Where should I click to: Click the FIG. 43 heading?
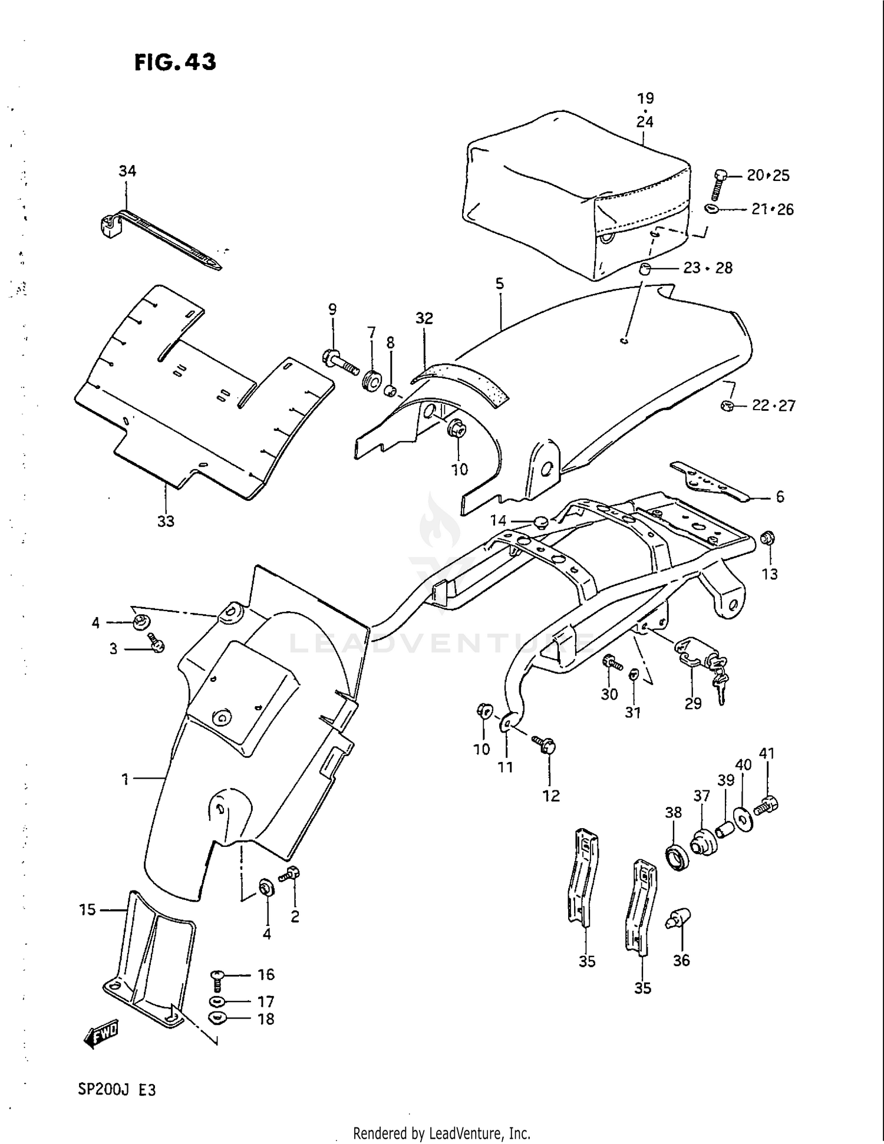[x=175, y=62]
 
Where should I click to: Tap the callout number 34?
[x=127, y=171]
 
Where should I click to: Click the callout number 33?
[x=166, y=521]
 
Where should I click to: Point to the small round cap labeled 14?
[x=540, y=522]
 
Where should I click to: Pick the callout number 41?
[x=766, y=753]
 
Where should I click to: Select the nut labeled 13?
[x=768, y=538]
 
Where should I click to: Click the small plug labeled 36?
[x=679, y=918]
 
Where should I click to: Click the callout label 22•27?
[x=773, y=405]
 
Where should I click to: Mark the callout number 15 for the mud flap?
[x=87, y=910]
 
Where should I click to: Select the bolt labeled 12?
[x=545, y=744]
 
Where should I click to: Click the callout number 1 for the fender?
[x=125, y=779]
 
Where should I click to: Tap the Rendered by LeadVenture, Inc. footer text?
[x=441, y=1133]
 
